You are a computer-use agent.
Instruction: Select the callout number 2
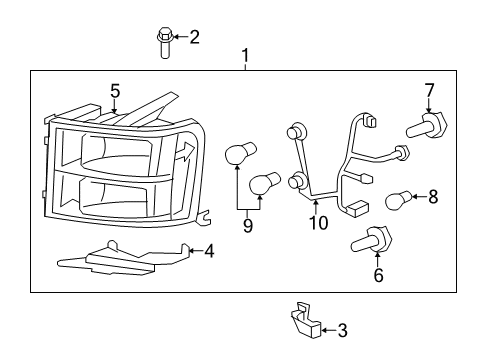point(194,38)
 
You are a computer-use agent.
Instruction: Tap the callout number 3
point(342,330)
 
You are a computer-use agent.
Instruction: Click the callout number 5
point(115,91)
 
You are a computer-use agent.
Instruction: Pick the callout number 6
point(378,275)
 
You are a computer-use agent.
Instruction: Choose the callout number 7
point(429,91)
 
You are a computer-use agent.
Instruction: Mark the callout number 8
point(433,197)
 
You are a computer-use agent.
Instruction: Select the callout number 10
point(318,223)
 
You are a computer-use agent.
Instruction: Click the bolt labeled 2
point(164,43)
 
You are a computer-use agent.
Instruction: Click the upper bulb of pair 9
point(236,154)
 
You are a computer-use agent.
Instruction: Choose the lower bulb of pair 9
point(261,184)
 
